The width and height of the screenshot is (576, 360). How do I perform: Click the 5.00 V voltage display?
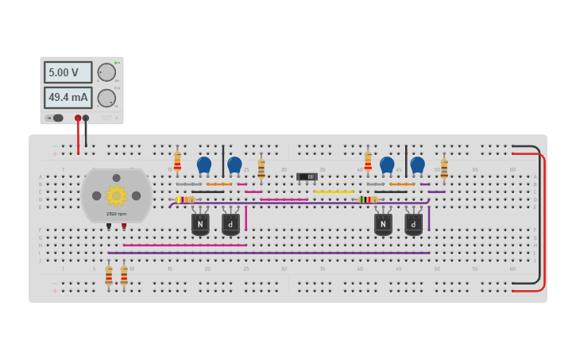coord(67,72)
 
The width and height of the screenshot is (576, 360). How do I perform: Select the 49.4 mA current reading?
coord(67,98)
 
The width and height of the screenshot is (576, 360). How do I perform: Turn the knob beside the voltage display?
coord(106,72)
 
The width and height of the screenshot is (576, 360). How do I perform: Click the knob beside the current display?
coord(106,98)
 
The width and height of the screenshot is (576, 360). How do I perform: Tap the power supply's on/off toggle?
coord(56,118)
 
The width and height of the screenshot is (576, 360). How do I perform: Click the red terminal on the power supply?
coord(78,118)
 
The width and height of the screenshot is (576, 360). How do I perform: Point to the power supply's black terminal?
coord(86,118)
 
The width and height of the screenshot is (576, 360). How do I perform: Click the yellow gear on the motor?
coord(116,195)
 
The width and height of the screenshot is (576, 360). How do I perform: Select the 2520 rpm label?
coord(116,214)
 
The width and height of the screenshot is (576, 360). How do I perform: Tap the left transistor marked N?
coord(200,224)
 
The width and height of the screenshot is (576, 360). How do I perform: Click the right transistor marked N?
coord(383,224)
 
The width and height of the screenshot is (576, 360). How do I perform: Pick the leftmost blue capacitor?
coord(204,165)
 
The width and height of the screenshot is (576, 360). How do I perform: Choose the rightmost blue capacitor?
coord(417,165)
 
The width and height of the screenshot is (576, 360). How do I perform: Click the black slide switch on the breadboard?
coord(307,176)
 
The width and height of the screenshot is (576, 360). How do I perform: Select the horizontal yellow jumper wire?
coord(334,192)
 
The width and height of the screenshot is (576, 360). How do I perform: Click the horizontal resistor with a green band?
coord(368,199)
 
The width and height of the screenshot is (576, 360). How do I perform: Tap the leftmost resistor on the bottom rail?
coord(109,275)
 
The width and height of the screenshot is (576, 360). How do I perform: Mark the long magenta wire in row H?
coord(184,245)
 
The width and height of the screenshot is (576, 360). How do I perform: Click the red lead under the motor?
coord(124,226)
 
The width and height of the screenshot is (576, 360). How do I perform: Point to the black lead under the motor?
coord(109,226)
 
